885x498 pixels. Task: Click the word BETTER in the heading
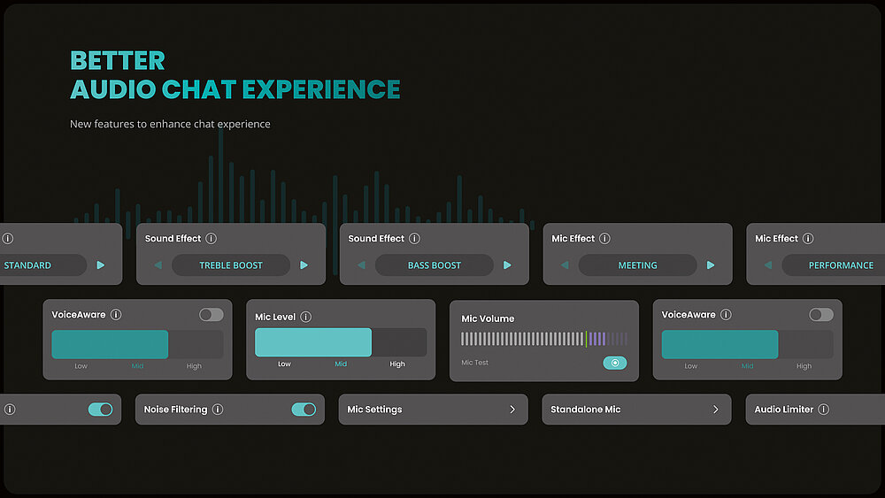point(117,61)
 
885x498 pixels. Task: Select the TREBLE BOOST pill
point(231,265)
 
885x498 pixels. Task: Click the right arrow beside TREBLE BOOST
point(304,265)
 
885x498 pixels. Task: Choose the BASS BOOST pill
point(435,265)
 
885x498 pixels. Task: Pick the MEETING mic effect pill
point(637,265)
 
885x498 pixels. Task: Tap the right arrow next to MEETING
point(711,265)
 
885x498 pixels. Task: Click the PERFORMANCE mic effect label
point(841,265)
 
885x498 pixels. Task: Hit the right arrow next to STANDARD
point(100,265)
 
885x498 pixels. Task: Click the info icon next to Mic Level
point(306,317)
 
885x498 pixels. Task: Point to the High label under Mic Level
point(397,364)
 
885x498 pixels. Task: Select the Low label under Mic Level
point(284,364)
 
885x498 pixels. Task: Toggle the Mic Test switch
point(614,363)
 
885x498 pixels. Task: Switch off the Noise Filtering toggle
point(304,410)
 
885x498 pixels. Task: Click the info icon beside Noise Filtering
point(218,410)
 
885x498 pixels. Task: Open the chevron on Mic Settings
point(512,410)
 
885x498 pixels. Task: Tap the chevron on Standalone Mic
point(716,410)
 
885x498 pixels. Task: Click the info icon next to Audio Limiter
point(824,410)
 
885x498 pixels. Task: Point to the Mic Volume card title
point(488,318)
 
